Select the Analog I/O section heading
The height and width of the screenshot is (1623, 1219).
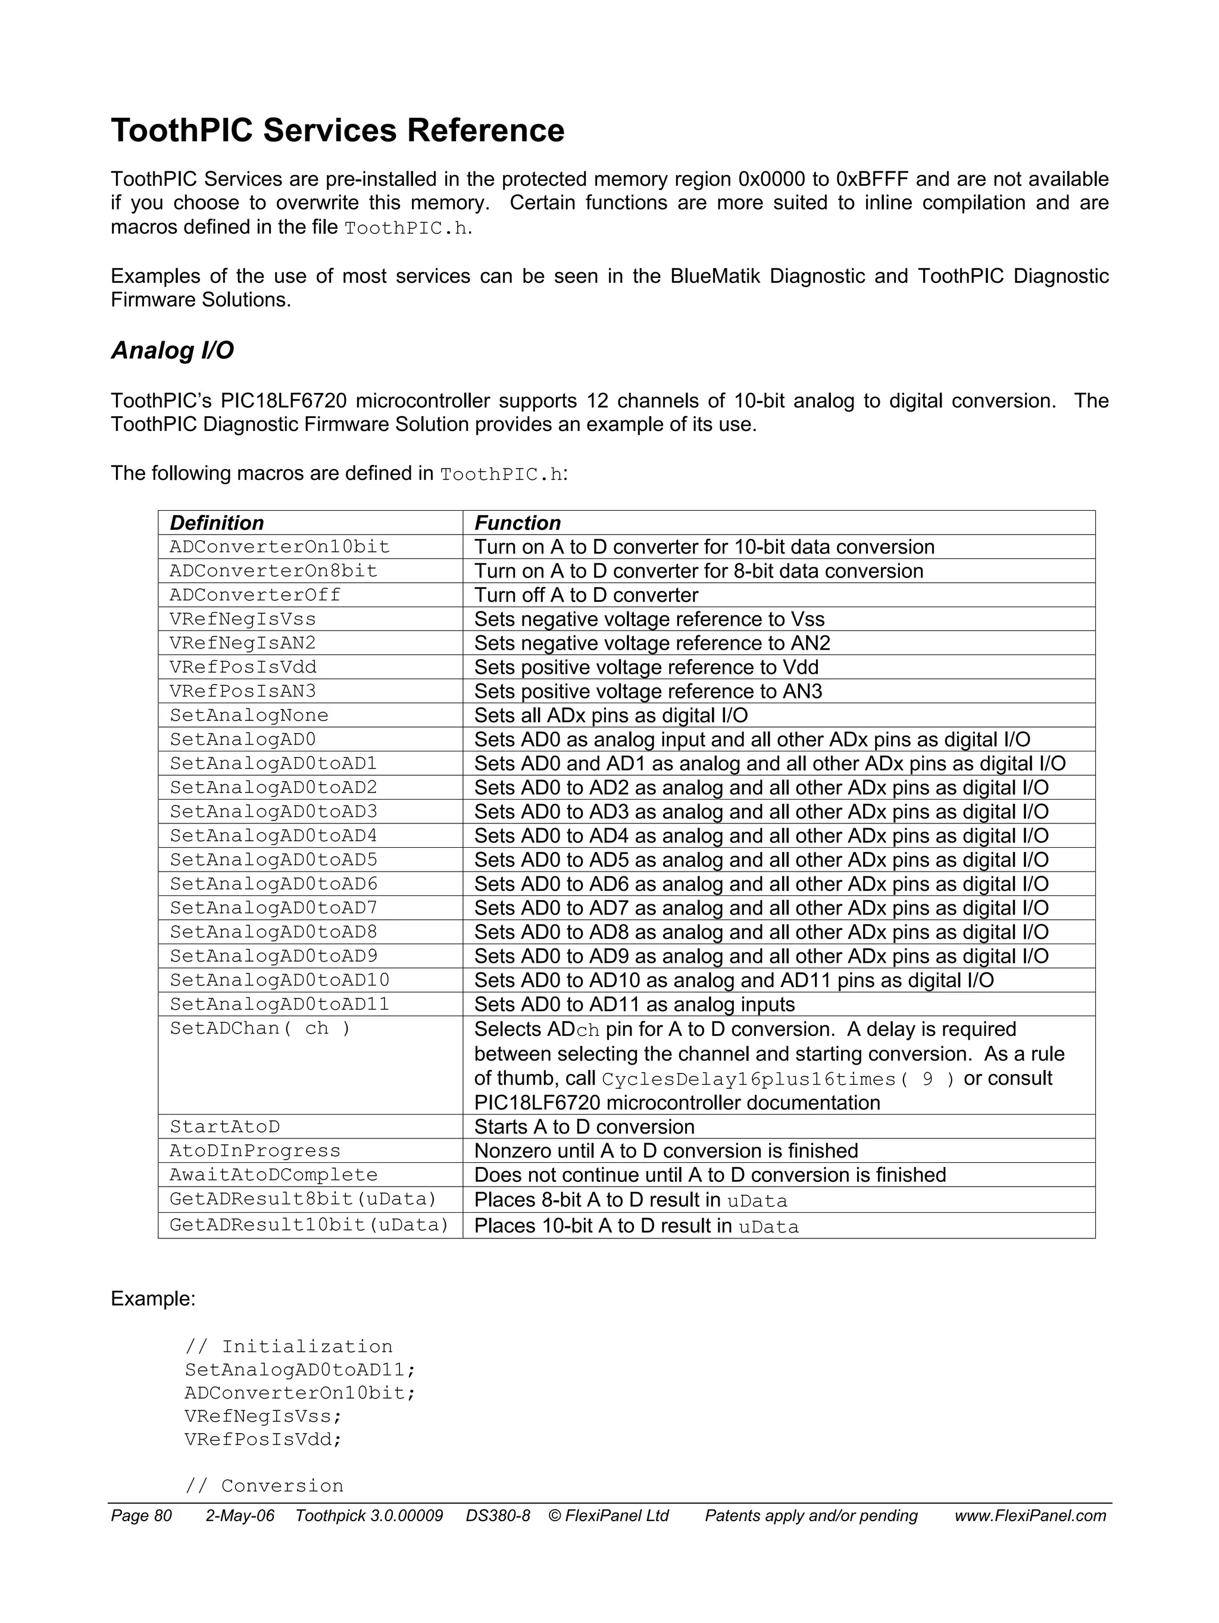[173, 351]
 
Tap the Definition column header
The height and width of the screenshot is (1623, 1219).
[217, 523]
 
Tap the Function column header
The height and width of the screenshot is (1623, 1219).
[517, 523]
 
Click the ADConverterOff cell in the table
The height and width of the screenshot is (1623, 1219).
[255, 595]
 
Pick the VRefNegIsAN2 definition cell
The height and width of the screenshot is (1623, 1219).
[243, 644]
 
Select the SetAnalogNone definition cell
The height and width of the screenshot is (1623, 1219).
[249, 716]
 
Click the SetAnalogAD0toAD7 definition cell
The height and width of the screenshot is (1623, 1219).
[274, 909]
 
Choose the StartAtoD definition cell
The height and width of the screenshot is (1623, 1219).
[225, 1127]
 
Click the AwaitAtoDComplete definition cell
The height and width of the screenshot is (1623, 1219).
[274, 1175]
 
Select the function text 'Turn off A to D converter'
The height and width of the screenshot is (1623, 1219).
[586, 595]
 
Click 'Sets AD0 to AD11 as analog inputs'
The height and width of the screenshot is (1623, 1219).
[634, 1004]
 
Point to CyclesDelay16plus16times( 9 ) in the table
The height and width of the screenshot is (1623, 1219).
[778, 1079]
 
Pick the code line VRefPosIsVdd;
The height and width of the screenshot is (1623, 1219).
[263, 1440]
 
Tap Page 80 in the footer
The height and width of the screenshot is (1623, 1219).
[141, 1516]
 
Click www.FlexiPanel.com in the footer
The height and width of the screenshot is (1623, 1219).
[1030, 1516]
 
